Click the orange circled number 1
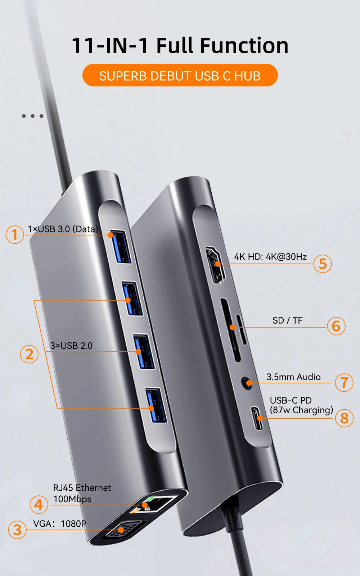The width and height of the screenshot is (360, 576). pyautogui.click(x=15, y=234)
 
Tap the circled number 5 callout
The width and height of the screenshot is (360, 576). pyautogui.click(x=323, y=264)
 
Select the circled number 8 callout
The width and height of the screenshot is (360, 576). pyautogui.click(x=344, y=418)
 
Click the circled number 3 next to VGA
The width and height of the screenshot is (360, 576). pyautogui.click(x=17, y=530)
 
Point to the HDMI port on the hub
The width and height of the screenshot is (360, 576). pyautogui.click(x=215, y=265)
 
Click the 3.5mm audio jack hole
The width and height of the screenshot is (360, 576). pyautogui.click(x=247, y=383)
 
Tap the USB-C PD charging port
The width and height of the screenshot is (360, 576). pyautogui.click(x=257, y=418)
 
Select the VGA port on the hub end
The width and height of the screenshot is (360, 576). pyautogui.click(x=121, y=530)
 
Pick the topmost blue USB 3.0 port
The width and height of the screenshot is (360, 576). pyautogui.click(x=120, y=247)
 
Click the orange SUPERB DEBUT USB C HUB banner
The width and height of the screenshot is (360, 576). pyautogui.click(x=180, y=75)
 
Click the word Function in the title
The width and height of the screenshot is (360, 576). pyautogui.click(x=244, y=46)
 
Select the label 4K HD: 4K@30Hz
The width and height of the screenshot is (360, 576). pyautogui.click(x=270, y=257)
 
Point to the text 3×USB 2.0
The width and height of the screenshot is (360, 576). pyautogui.click(x=71, y=346)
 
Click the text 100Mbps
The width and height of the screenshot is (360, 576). pyautogui.click(x=72, y=499)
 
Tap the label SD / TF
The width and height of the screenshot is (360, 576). pyautogui.click(x=287, y=320)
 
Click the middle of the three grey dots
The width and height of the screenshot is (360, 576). pyautogui.click(x=32, y=116)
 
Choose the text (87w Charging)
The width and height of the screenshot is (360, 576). pyautogui.click(x=301, y=410)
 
